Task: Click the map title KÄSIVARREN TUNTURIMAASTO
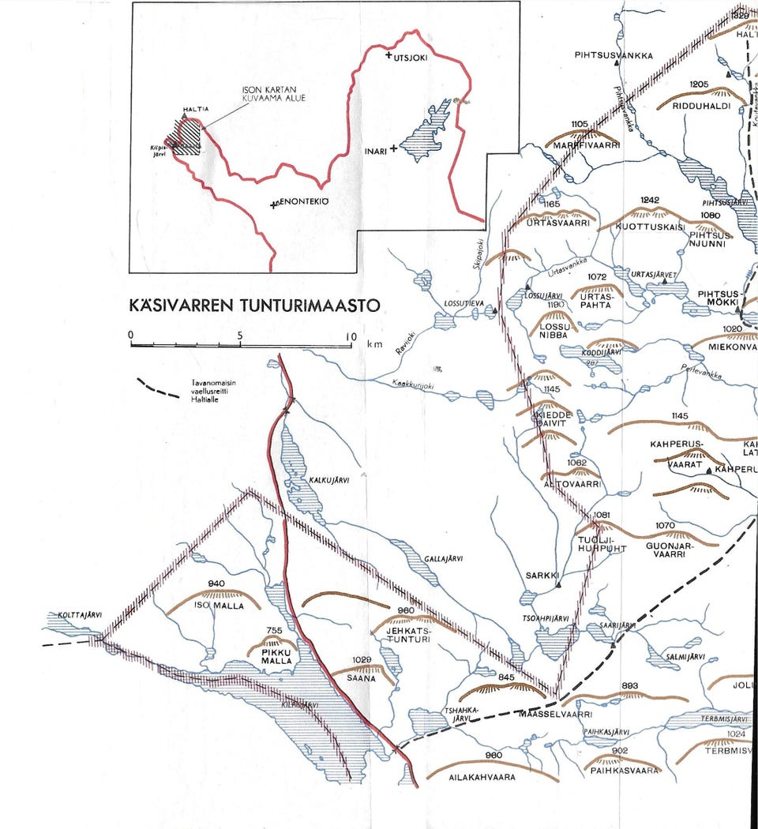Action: pos(254,305)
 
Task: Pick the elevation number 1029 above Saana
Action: pos(362,659)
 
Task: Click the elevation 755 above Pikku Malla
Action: pos(274,630)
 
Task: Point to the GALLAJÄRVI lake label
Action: pos(443,559)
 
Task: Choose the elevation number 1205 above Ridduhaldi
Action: pos(700,84)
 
